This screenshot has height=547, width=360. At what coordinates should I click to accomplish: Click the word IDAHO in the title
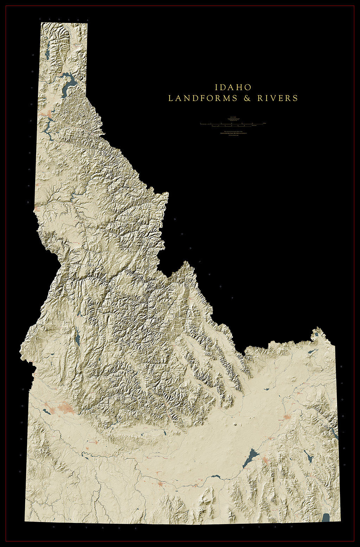click(x=233, y=87)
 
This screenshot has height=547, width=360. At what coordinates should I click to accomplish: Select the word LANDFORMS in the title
click(x=203, y=98)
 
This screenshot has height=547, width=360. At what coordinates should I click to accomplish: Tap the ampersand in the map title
click(x=247, y=98)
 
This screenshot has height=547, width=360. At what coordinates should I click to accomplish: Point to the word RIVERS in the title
click(x=278, y=98)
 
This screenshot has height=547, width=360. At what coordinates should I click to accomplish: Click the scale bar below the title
click(x=232, y=124)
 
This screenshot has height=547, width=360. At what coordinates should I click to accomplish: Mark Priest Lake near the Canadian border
click(x=47, y=54)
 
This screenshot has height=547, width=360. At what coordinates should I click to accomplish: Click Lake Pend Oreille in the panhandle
click(x=69, y=83)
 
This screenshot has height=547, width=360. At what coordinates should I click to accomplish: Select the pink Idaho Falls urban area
click(x=287, y=417)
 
